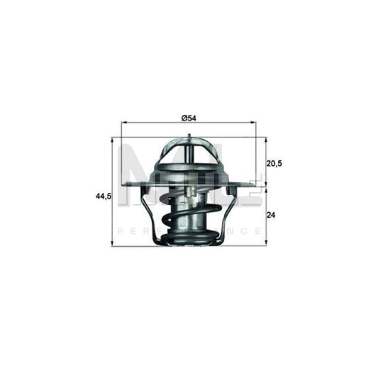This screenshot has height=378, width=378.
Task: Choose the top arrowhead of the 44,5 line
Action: point(114,138)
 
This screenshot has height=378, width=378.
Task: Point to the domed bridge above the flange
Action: point(189,152)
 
